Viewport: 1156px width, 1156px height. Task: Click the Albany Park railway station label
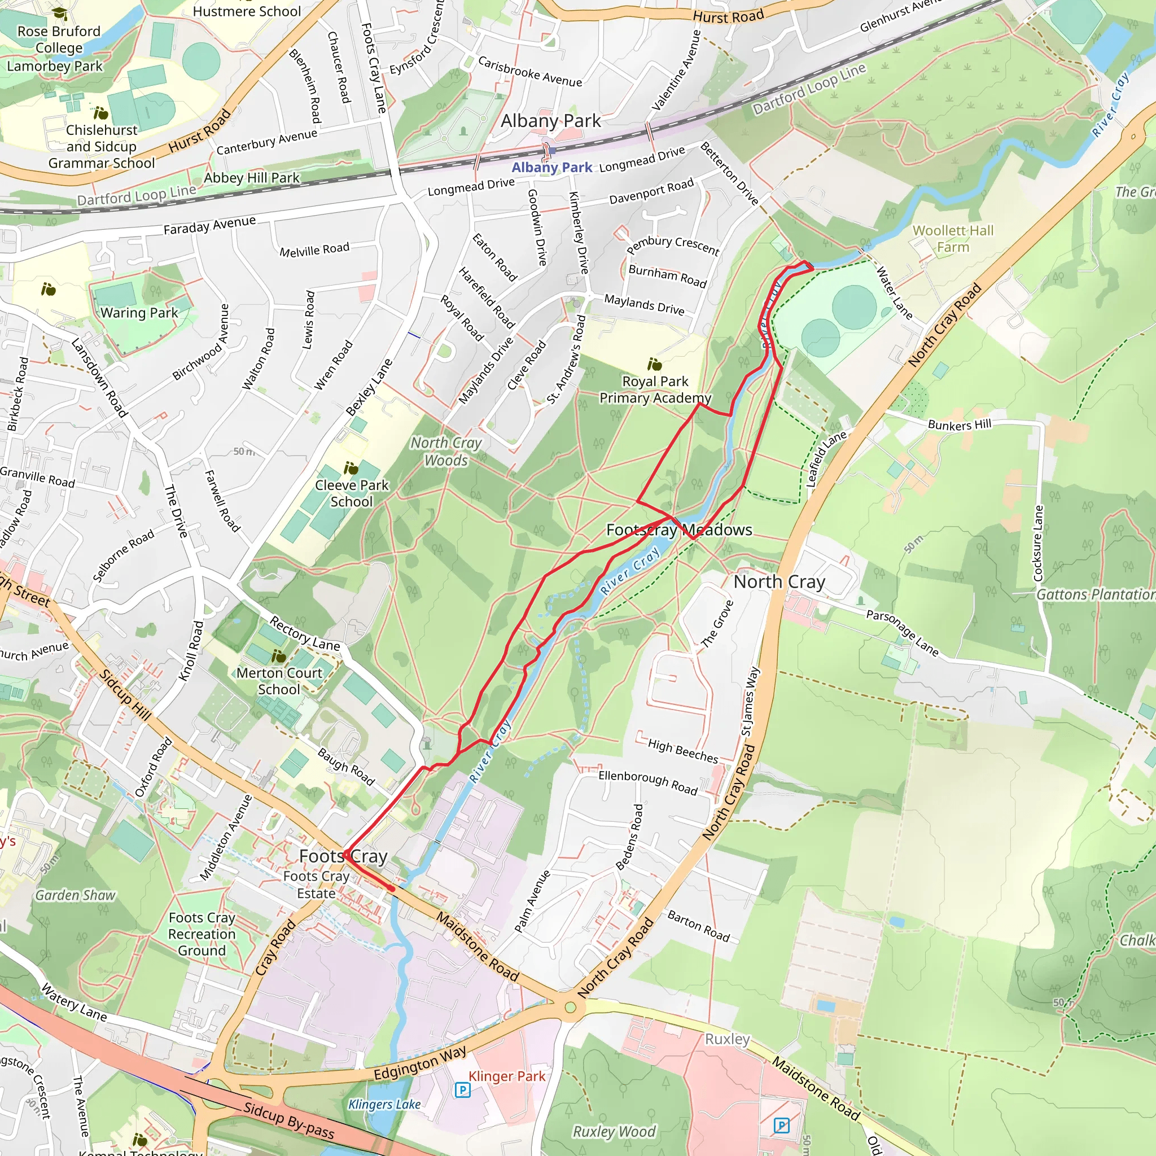[x=551, y=168]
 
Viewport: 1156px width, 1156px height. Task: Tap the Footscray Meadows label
[x=679, y=529]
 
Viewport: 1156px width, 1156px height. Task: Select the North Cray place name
[x=779, y=581]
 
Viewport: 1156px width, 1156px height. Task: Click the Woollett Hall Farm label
[x=953, y=239]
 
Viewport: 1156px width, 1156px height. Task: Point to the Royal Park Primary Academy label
[x=655, y=389]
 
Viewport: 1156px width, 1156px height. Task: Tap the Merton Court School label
[x=279, y=681]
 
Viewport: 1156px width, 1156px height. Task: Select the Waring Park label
[x=139, y=312]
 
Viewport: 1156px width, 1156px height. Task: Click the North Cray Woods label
[x=446, y=451]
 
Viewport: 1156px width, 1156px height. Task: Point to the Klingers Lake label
[x=384, y=1104]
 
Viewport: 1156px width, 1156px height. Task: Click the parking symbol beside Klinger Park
[x=462, y=1089]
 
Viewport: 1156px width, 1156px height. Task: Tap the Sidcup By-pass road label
[x=288, y=1120]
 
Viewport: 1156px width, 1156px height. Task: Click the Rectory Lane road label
[x=304, y=634]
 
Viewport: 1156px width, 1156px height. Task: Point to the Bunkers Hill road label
[x=959, y=425]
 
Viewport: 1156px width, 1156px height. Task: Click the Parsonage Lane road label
[x=903, y=632]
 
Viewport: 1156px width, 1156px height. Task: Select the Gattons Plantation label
[x=1095, y=594]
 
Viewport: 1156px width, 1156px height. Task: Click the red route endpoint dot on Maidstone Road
[x=391, y=888]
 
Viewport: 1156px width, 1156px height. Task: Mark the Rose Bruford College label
[x=59, y=40]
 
